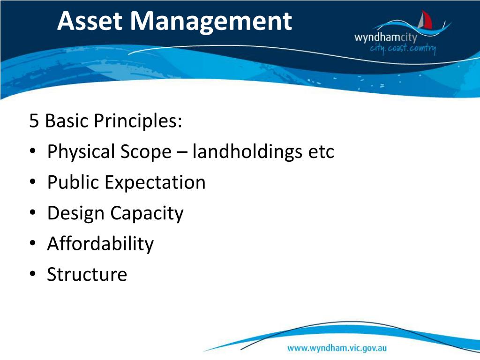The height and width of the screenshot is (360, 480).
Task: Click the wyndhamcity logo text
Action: click(385, 37)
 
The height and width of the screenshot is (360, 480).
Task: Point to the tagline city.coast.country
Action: click(403, 48)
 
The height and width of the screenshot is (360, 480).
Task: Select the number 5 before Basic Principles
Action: click(34, 121)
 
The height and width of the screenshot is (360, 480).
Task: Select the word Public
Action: click(73, 182)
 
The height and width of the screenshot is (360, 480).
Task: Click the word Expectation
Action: click(155, 182)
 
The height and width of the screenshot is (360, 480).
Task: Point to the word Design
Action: click(75, 213)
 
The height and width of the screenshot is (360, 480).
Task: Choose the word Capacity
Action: click(147, 213)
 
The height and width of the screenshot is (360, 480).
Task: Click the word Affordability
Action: click(100, 244)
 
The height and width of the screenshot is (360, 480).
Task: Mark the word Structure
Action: click(87, 274)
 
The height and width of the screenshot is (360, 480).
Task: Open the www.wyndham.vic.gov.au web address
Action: click(337, 348)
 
